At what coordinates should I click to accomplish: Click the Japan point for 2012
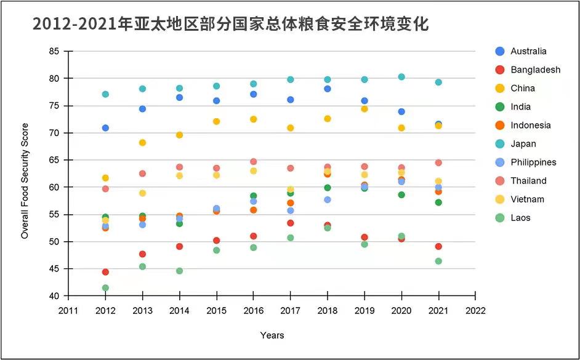point(105,94)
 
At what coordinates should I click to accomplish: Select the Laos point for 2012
point(105,287)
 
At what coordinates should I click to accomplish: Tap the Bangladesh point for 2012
point(105,271)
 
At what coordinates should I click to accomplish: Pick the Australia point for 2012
point(105,128)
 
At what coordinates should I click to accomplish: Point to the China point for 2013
point(142,142)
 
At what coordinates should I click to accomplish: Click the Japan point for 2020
point(401,77)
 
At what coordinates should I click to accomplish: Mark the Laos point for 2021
point(438,261)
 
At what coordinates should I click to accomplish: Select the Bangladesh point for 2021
point(438,246)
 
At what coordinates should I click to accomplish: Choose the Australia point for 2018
point(328,89)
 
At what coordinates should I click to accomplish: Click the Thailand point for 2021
point(438,162)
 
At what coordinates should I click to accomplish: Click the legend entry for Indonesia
point(530,125)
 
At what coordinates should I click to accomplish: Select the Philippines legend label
point(533,162)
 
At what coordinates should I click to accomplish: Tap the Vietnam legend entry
point(528,199)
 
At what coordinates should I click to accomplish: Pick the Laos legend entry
point(520,217)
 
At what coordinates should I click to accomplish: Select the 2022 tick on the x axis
point(475,310)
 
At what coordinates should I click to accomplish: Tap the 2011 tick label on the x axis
point(68,310)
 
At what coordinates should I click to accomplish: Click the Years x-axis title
point(272,335)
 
